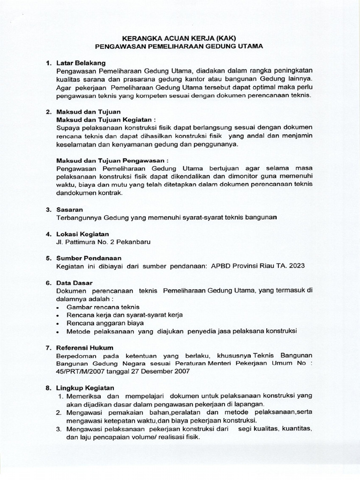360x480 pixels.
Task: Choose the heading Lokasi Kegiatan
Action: (82, 234)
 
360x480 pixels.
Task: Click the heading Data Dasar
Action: (75, 283)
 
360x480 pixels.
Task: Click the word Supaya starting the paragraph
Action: (68, 128)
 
